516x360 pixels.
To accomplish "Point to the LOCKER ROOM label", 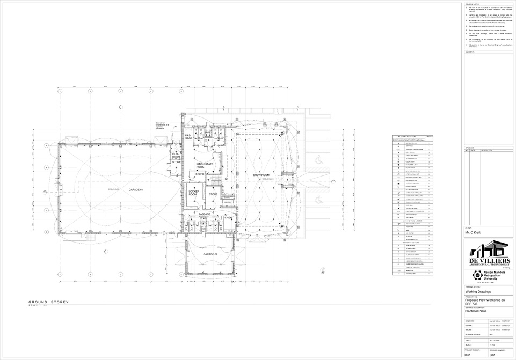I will point(194,193).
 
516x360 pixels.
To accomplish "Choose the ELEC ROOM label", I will point(176,155).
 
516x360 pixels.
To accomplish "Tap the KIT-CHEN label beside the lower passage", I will point(227,216).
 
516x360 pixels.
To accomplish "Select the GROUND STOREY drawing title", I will point(49,303).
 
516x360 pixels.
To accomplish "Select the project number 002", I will point(468,355).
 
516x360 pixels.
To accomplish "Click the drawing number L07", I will point(492,355).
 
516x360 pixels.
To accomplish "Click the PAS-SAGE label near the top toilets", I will point(188,137).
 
